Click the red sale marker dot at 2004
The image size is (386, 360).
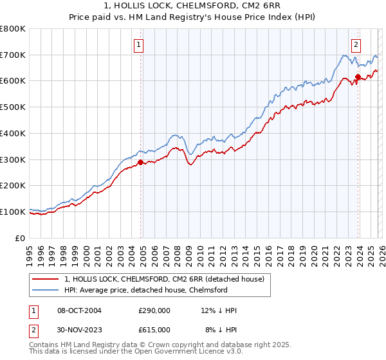[140, 162]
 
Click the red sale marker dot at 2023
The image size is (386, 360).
[358, 77]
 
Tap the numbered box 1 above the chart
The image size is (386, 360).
[139, 44]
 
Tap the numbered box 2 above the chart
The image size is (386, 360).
[356, 44]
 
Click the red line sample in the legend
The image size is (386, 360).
[46, 279]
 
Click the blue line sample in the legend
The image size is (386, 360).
[46, 290]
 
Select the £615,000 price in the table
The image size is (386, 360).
[154, 330]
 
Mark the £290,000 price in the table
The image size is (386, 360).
[154, 310]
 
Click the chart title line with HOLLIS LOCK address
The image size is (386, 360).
[192, 6]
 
